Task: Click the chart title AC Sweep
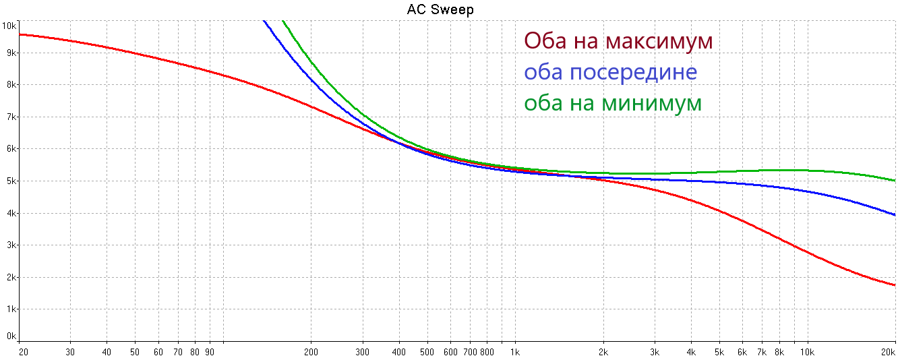(440, 9)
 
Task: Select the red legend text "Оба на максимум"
(618, 40)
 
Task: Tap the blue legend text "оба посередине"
(610, 71)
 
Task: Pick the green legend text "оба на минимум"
(613, 103)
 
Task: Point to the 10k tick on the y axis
(9, 26)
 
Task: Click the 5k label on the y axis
(10, 181)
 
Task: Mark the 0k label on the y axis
(10, 336)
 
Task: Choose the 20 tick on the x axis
(23, 352)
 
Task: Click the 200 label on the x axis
(311, 352)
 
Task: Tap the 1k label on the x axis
(515, 352)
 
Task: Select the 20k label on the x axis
(889, 352)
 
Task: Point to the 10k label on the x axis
(806, 352)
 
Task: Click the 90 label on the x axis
(210, 352)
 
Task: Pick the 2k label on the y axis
(10, 277)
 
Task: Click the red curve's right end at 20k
(895, 285)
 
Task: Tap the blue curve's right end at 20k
(895, 215)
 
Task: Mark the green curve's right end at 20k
(895, 181)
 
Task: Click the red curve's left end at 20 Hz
(20, 34)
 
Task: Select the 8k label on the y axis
(10, 85)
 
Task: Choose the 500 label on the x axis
(427, 352)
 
